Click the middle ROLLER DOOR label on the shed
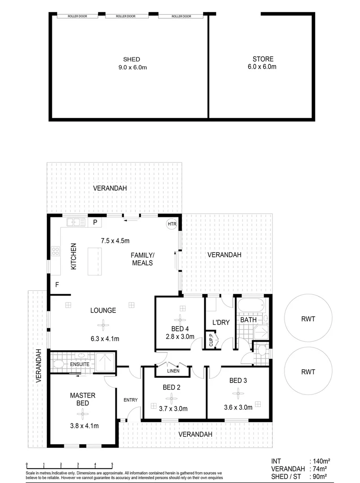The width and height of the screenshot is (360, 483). (126, 16)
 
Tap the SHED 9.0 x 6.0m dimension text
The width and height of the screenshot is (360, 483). (132, 68)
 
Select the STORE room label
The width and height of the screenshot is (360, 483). (263, 59)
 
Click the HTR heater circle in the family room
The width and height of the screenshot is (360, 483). (172, 224)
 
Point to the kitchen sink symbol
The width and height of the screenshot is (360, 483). (76, 222)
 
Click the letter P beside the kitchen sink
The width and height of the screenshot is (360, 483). (95, 222)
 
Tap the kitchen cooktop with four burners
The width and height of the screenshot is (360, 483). (56, 251)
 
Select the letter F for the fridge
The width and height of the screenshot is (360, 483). (57, 284)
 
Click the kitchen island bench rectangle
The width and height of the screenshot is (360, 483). (94, 261)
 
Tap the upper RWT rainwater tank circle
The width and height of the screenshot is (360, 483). (309, 319)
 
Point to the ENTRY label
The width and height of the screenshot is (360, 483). (131, 400)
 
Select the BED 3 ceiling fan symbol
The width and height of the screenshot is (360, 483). (238, 393)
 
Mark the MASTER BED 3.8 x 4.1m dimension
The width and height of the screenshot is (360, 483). (85, 425)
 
